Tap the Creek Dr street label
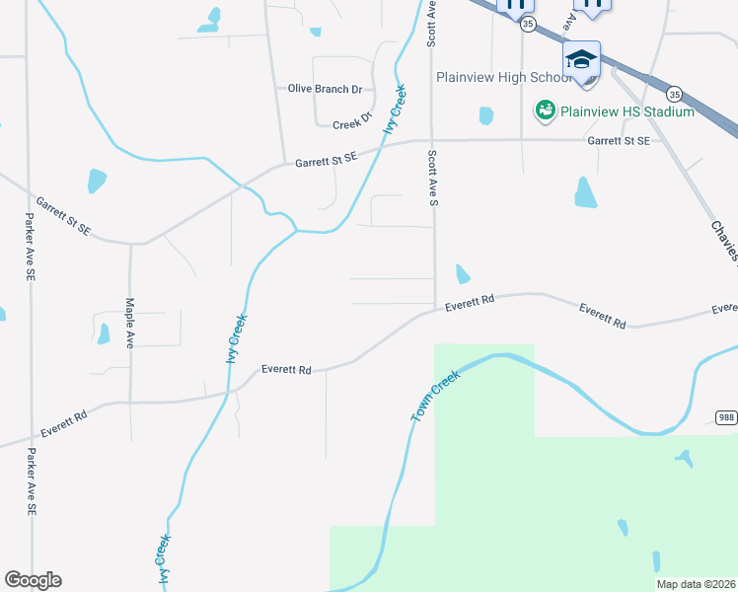click(352, 122)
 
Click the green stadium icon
click(545, 111)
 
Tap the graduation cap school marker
click(582, 58)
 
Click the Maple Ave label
click(129, 324)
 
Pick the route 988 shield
click(725, 416)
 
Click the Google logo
click(33, 580)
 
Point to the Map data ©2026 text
click(696, 584)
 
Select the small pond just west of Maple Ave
click(104, 334)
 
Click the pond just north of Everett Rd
click(462, 272)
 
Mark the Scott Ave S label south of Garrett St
click(432, 179)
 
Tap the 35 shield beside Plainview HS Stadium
click(674, 94)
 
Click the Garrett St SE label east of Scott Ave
click(619, 141)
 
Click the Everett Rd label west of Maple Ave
click(63, 425)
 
